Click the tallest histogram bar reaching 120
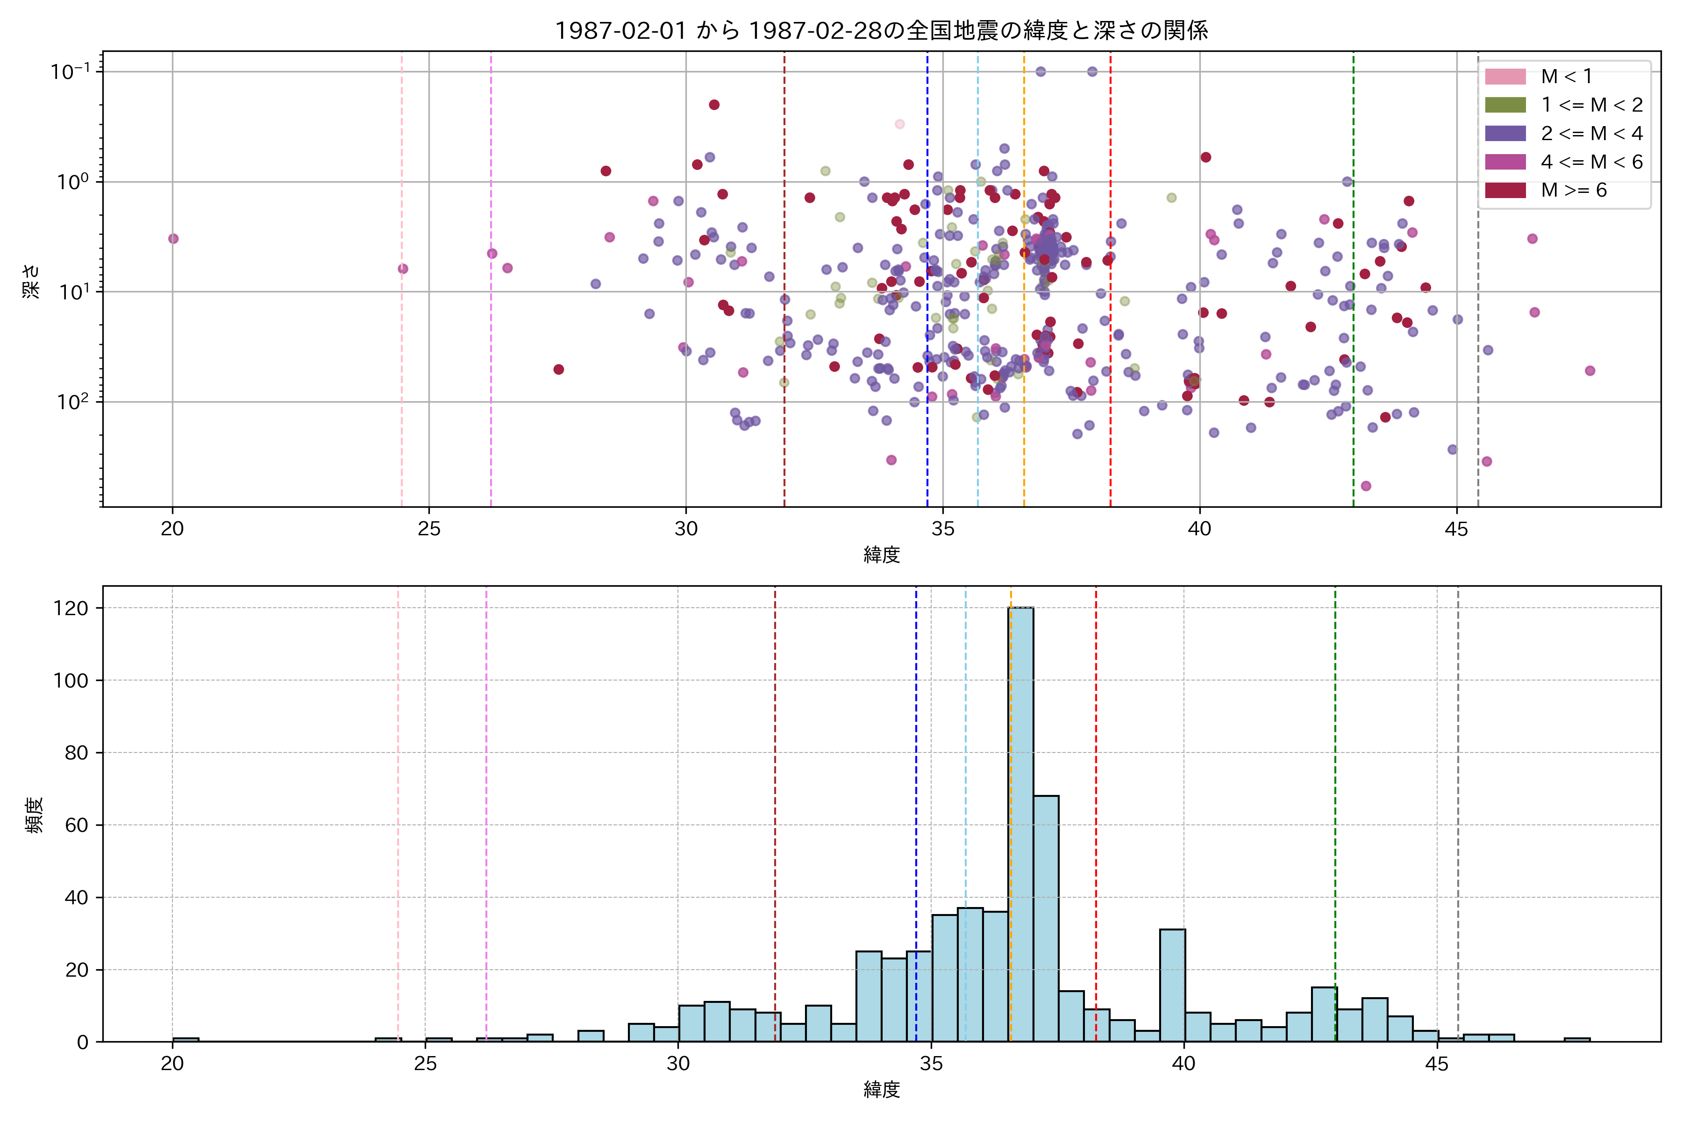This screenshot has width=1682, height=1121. point(1020,822)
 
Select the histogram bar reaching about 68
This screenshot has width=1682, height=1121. point(1046,919)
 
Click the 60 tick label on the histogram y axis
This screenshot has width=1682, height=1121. point(76,825)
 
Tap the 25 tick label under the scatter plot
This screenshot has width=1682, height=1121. point(429,529)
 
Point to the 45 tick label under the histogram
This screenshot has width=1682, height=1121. point(1437,1064)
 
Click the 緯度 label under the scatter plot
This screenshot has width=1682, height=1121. point(881,555)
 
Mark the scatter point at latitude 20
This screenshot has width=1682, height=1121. point(173,239)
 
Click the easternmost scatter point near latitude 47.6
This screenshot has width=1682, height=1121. point(1590,370)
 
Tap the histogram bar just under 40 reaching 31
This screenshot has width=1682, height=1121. point(1172,985)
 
